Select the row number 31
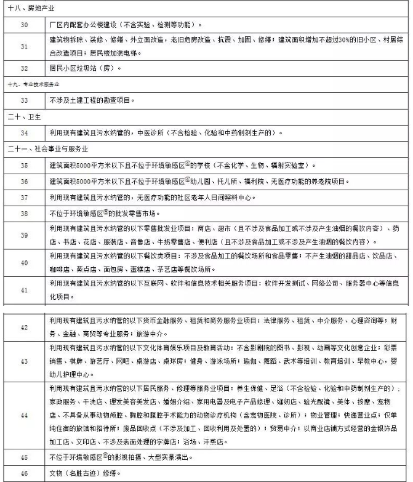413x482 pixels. (x=24, y=47)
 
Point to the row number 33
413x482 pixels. (x=24, y=99)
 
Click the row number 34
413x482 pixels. (x=24, y=132)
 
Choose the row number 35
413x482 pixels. (x=24, y=165)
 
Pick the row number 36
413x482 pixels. (x=24, y=182)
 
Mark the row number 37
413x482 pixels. (x=24, y=198)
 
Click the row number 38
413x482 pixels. (x=24, y=214)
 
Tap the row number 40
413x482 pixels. (x=24, y=263)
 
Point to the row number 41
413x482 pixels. (x=24, y=289)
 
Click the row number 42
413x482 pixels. (x=24, y=327)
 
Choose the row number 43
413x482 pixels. (x=24, y=361)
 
